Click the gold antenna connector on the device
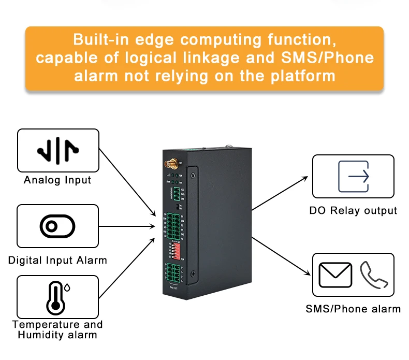pos(171,165)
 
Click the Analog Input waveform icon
pos(57,150)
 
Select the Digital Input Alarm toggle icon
pos(57,226)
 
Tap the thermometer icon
pos(56,297)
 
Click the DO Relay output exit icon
pos(353,177)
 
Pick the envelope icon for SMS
pos(335,275)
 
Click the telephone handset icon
pos(373,275)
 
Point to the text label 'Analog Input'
pos(57,180)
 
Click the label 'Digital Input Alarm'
pos(57,260)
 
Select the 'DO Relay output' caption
pos(353,211)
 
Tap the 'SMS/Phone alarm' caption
pos(353,309)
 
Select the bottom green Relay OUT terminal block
pos(173,272)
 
